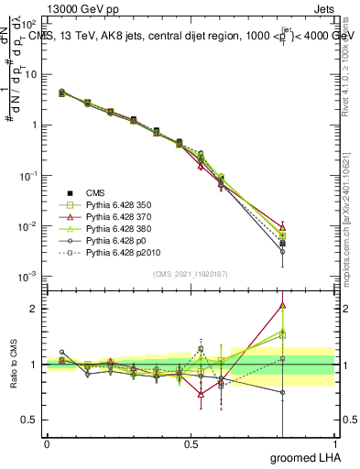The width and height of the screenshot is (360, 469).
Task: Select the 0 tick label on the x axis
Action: click(x=47, y=444)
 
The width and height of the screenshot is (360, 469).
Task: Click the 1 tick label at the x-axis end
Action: click(x=334, y=444)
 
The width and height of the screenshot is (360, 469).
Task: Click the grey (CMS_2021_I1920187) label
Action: click(x=190, y=273)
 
